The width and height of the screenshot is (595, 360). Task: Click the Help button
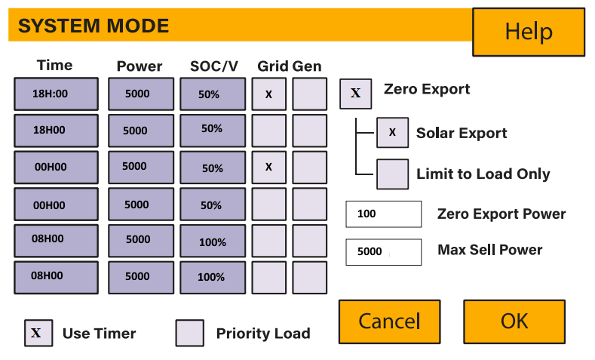point(528,32)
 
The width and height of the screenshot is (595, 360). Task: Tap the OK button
point(514,321)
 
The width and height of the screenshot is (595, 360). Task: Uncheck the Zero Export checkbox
point(355,94)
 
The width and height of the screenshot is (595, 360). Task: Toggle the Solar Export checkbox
point(392,133)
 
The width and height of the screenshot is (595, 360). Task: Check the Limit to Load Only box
point(392,174)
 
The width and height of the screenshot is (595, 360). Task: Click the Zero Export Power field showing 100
point(383,214)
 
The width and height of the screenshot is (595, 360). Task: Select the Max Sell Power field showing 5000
point(383,251)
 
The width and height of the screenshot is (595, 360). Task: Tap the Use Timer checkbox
point(38,333)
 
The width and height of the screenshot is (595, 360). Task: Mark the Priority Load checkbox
point(189,333)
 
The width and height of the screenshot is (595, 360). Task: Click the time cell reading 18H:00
point(56,94)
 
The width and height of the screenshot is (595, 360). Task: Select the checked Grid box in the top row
point(268,94)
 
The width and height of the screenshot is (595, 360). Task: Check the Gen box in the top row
point(309,94)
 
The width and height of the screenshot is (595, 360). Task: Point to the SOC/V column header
point(214,66)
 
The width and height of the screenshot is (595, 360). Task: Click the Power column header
point(140,66)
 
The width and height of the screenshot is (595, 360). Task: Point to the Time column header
point(54,65)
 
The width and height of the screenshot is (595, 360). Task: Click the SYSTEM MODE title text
point(94,26)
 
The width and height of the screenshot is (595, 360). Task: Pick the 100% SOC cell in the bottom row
point(212,277)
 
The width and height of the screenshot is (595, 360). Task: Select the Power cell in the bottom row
point(140,277)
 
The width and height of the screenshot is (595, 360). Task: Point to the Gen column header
point(307,66)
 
